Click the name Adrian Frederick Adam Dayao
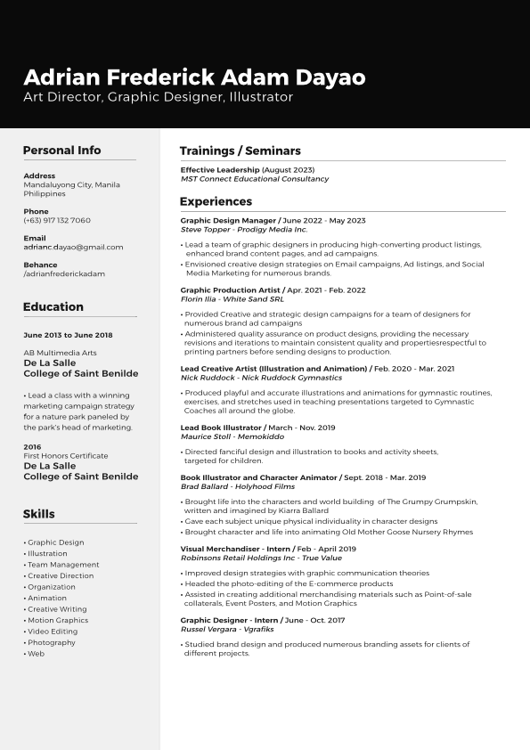[194, 77]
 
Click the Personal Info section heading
[61, 151]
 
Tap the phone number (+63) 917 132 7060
[57, 220]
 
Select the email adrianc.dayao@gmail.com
[73, 247]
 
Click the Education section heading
[53, 306]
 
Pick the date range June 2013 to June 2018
[68, 335]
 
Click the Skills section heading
[38, 514]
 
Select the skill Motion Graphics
[58, 620]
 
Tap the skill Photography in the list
[52, 642]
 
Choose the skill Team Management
[63, 565]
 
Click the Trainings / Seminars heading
[240, 151]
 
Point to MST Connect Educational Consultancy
[254, 179]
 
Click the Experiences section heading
[216, 201]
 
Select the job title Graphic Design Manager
[228, 220]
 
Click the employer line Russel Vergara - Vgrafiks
[227, 629]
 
